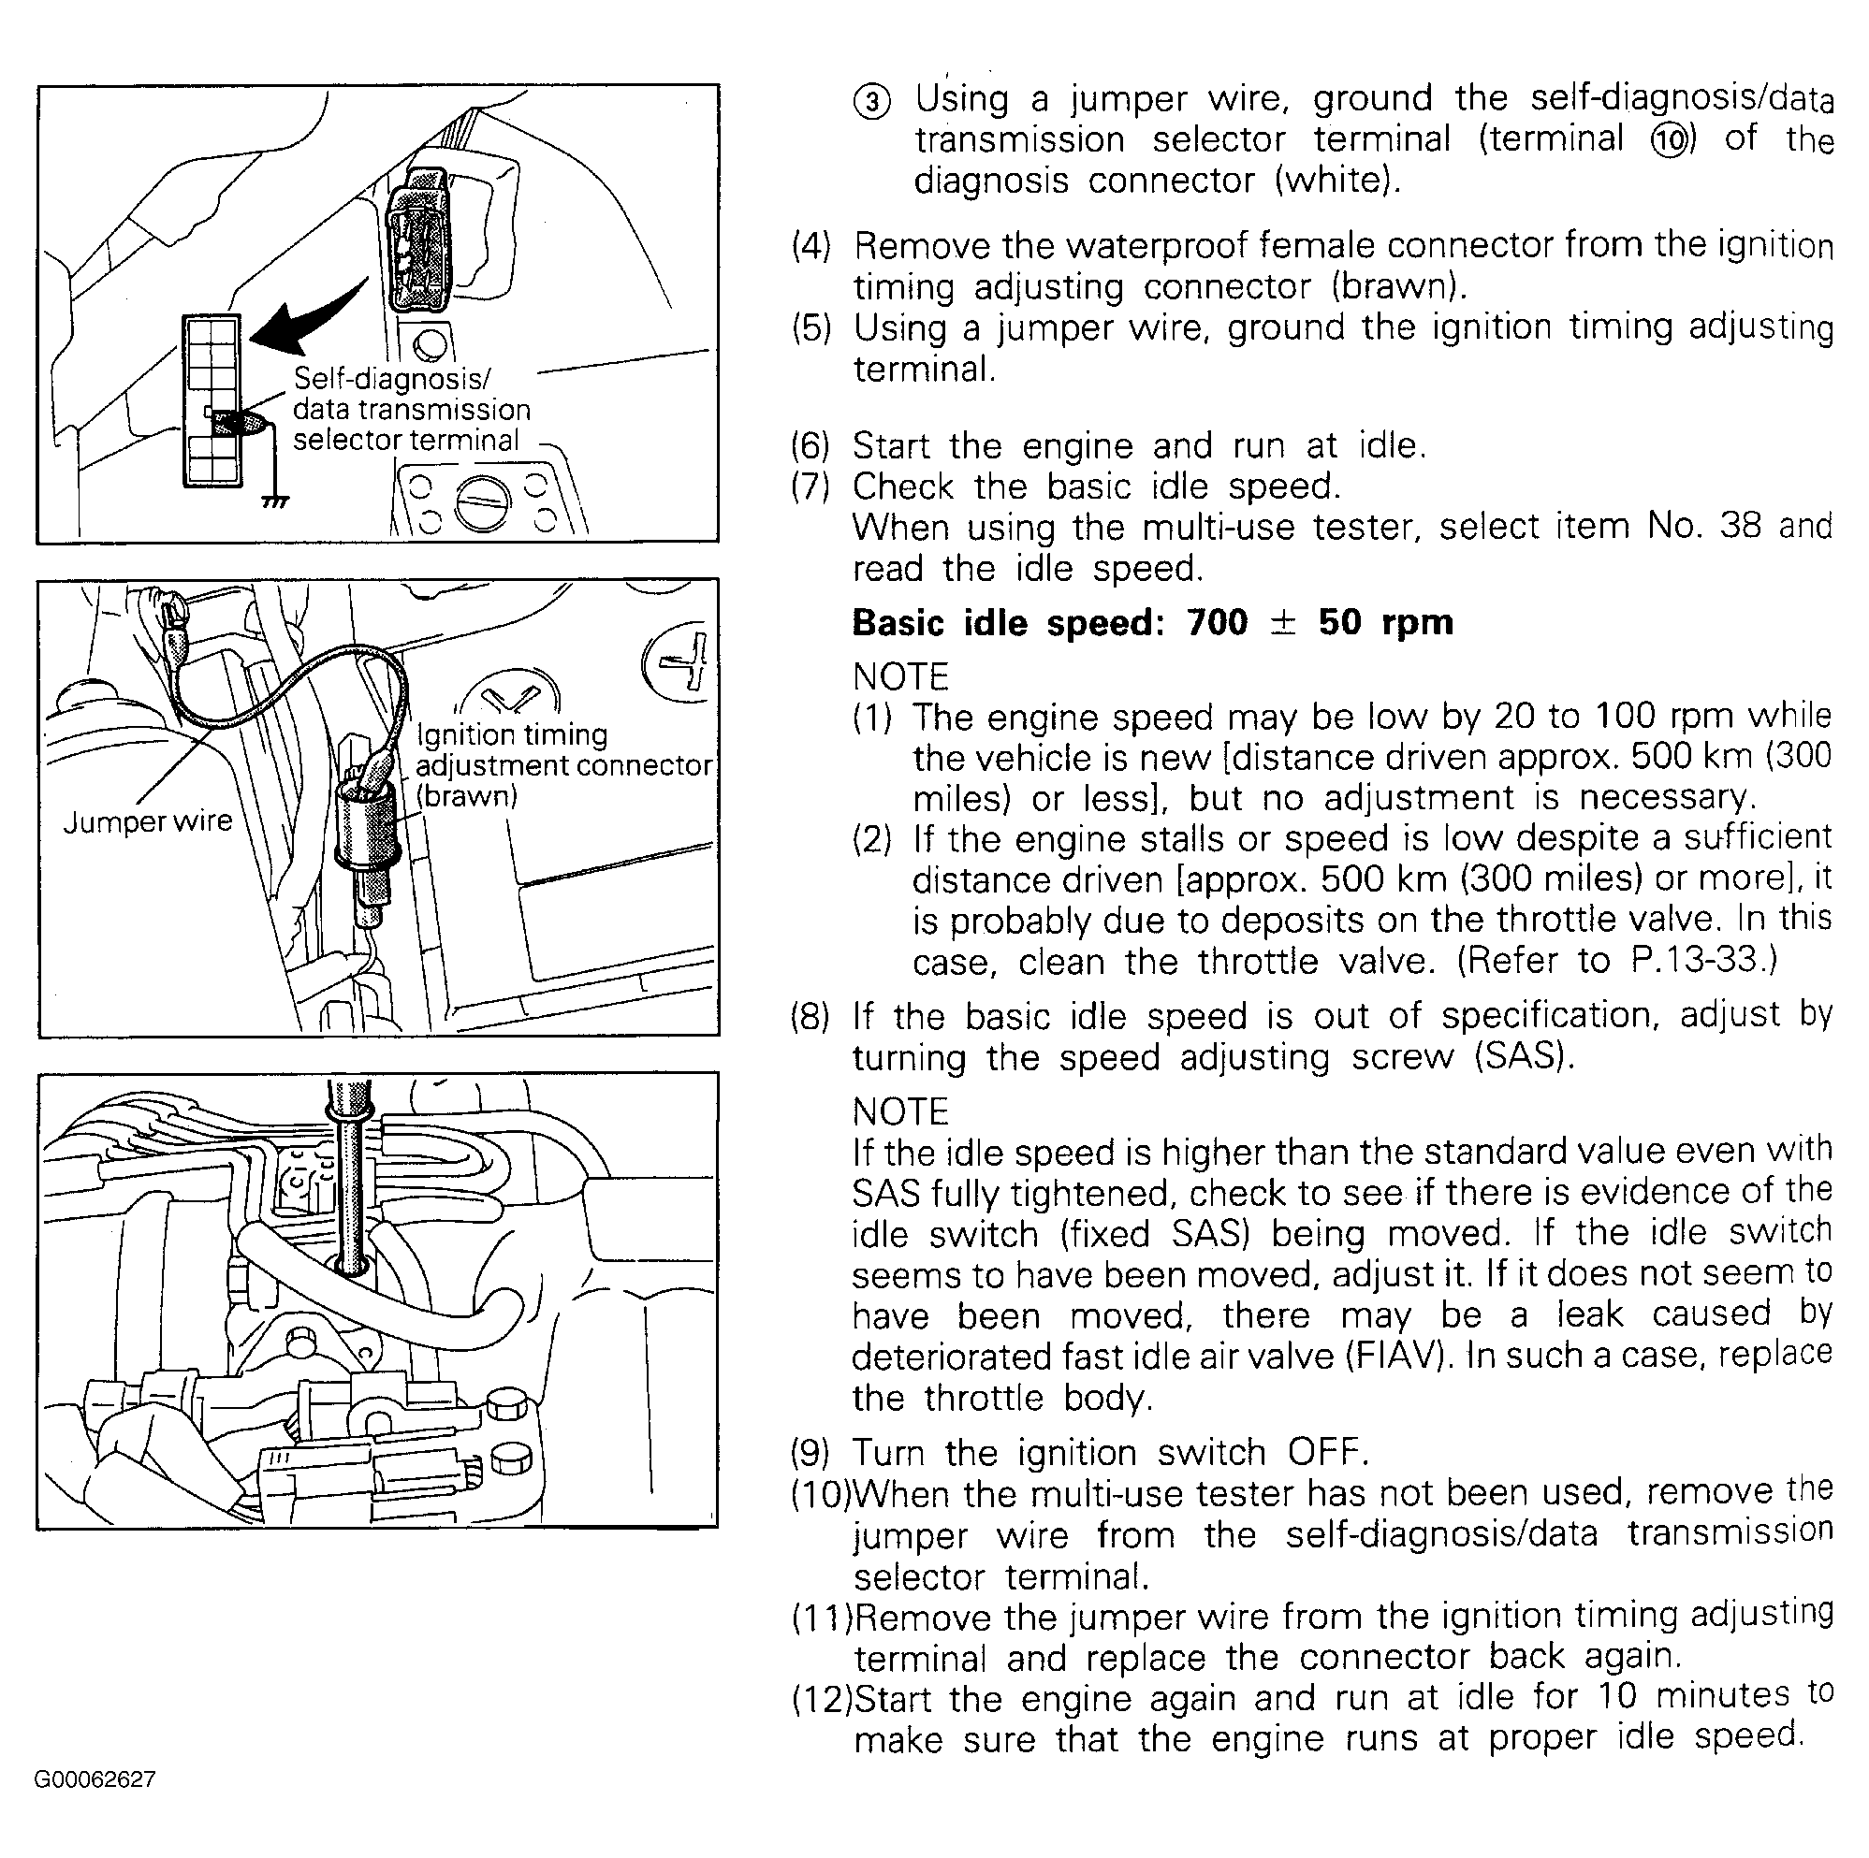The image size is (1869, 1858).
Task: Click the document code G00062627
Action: point(95,1779)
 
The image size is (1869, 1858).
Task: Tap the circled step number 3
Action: point(871,102)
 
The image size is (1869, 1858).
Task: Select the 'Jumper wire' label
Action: point(148,821)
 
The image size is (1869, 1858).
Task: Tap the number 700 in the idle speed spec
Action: point(1217,623)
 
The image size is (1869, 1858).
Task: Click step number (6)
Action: point(810,446)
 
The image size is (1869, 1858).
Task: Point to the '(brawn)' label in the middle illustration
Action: point(467,796)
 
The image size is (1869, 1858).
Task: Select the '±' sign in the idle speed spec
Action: point(1282,623)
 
